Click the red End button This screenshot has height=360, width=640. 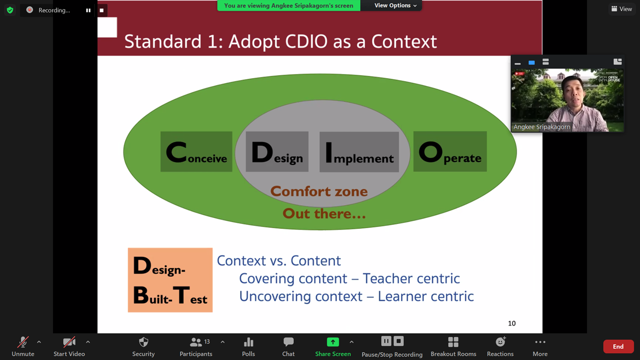click(618, 346)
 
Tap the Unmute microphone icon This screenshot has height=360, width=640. click(23, 342)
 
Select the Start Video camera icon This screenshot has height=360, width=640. click(69, 342)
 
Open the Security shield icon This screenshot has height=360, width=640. click(143, 342)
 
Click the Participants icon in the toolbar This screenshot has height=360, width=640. click(195, 342)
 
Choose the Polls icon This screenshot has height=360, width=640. click(248, 342)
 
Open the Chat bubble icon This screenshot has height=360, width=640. click(288, 341)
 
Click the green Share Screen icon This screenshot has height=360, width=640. click(333, 342)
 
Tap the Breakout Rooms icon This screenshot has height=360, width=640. click(453, 342)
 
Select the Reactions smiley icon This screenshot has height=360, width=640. click(500, 341)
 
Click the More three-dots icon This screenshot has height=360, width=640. click(540, 342)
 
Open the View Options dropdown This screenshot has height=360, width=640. click(395, 5)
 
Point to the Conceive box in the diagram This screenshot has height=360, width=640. click(196, 151)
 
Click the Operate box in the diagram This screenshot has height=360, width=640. click(450, 151)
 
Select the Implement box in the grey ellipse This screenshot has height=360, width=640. click(359, 151)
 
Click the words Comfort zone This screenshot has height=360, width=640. click(319, 191)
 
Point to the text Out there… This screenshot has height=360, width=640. click(324, 213)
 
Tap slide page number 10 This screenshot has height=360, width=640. click(511, 323)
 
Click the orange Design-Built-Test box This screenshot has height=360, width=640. click(170, 280)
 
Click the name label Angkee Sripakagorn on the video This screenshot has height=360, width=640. click(541, 127)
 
